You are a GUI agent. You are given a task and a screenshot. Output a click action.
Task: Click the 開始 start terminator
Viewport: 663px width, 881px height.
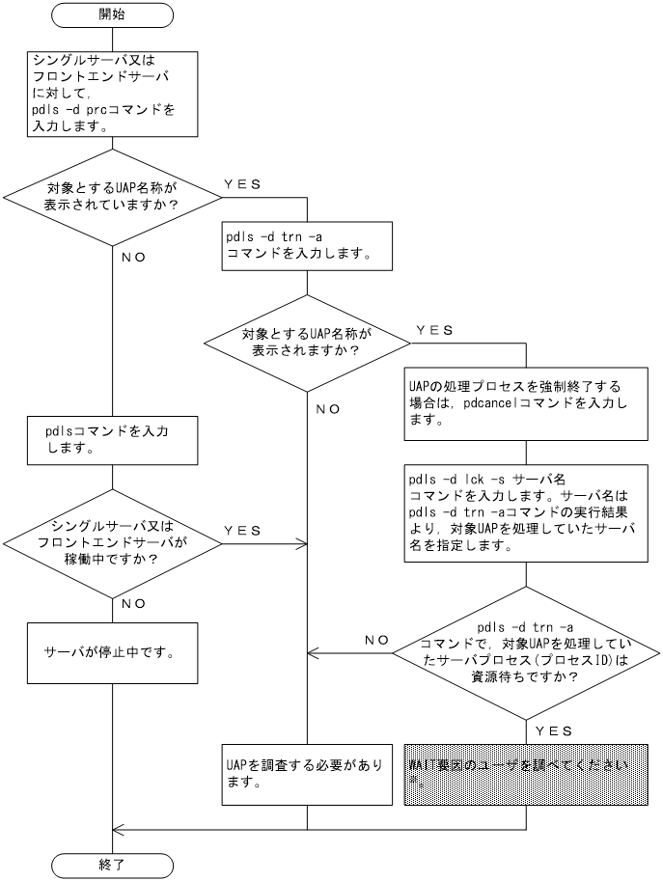(x=113, y=15)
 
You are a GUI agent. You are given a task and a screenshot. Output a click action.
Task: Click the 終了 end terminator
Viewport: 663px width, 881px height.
(x=113, y=864)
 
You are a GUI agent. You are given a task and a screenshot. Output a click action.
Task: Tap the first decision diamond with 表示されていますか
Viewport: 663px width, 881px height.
(x=113, y=198)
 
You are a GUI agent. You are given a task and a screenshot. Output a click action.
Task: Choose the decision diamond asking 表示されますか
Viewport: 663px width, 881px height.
(x=307, y=342)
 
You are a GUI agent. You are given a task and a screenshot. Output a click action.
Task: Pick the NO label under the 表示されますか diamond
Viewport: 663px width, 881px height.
(x=327, y=408)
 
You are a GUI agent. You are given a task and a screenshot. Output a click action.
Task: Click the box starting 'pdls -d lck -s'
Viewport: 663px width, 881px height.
(x=525, y=511)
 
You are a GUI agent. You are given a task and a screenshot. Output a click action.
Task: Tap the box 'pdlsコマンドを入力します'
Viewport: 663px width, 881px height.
(x=113, y=439)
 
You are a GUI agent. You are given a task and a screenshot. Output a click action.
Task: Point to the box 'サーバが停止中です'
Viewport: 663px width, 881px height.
(x=113, y=652)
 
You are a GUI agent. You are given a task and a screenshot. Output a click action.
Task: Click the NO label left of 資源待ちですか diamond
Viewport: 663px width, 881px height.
(x=376, y=639)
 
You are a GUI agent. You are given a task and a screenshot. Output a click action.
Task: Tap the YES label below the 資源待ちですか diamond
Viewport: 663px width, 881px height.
(x=552, y=730)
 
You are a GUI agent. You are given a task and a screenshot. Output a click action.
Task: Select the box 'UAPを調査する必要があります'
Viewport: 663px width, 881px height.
(x=307, y=773)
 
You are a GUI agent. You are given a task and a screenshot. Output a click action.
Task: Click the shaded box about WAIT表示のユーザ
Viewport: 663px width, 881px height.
(x=525, y=773)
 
